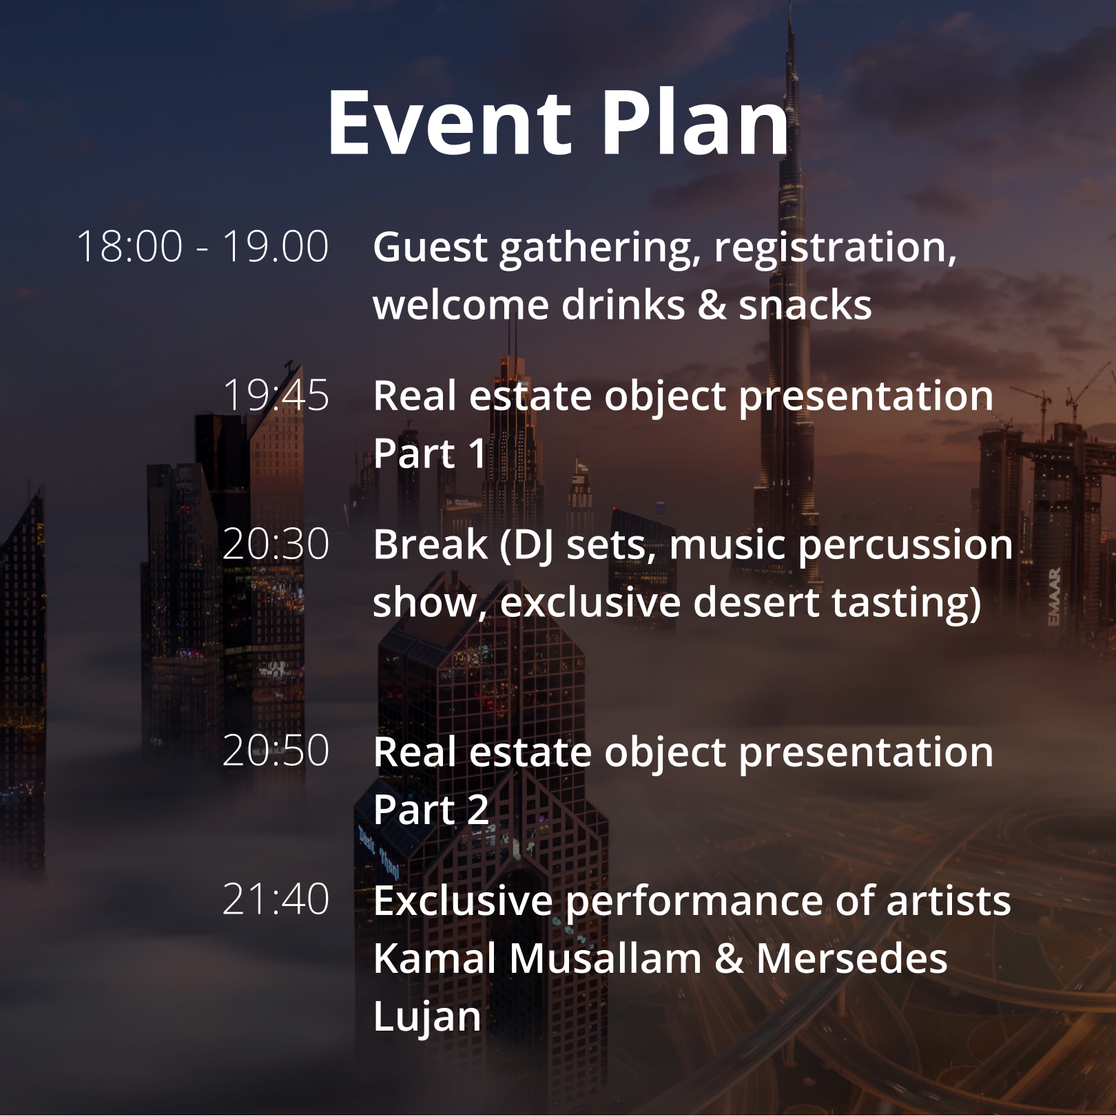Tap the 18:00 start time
[x=130, y=246]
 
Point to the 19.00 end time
[x=276, y=246]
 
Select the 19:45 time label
[x=276, y=395]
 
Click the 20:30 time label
[x=276, y=544]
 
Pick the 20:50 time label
[x=276, y=750]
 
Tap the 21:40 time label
[x=276, y=899]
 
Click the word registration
[x=835, y=248]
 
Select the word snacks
[x=805, y=305]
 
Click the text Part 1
[x=430, y=454]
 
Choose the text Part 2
[x=431, y=810]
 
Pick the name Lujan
[x=427, y=1018]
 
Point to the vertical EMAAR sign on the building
[x=1055, y=597]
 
